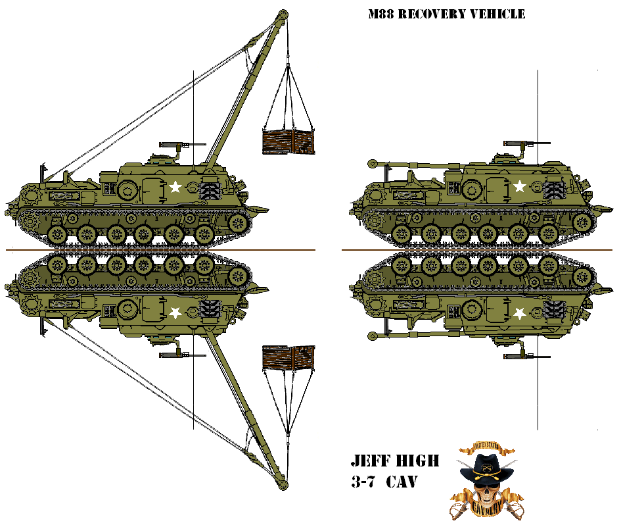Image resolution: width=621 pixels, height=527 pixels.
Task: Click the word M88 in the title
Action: (382, 14)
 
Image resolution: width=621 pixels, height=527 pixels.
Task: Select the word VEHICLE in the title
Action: (499, 14)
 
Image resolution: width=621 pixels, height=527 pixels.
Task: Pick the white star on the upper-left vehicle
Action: (175, 187)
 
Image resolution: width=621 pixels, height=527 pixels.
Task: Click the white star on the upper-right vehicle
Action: (519, 186)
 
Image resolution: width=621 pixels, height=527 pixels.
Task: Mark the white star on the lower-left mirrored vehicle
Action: (175, 313)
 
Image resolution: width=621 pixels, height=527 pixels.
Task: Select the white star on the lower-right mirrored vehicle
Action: (519, 313)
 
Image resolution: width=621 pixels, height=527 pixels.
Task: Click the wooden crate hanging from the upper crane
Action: (288, 141)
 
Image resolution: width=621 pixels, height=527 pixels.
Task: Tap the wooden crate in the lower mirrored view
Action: (288, 357)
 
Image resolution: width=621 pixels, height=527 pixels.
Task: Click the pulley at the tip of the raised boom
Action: (283, 14)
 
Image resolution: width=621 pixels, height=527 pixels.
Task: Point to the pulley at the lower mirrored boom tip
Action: (283, 486)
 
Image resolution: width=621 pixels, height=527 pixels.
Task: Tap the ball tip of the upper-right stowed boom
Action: (371, 162)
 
